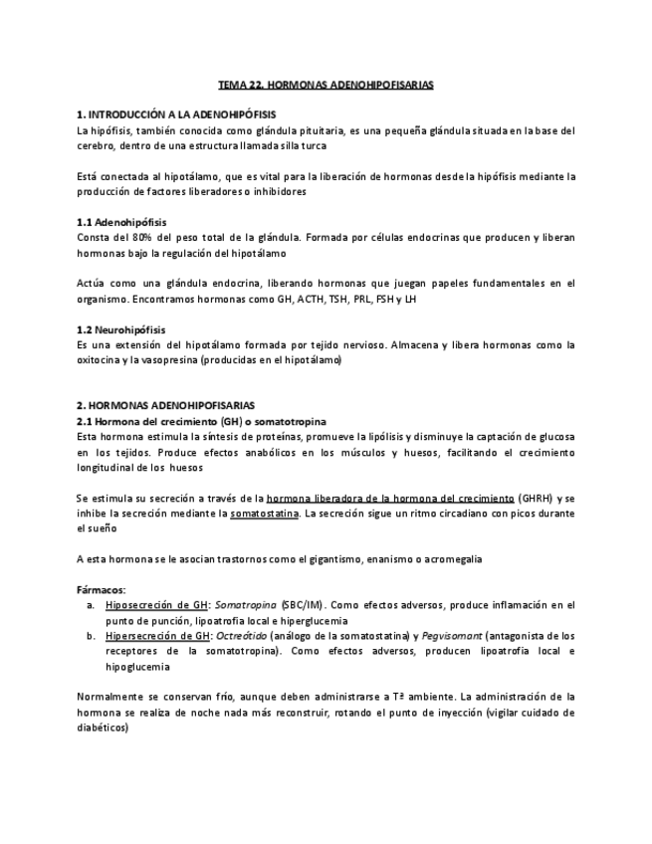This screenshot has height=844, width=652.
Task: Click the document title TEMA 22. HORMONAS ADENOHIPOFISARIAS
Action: click(326, 87)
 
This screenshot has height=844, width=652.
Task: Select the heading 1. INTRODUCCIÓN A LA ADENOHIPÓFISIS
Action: click(176, 115)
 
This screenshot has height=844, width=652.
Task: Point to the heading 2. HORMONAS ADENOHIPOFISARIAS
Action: click(165, 406)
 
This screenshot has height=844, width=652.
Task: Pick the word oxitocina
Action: click(101, 360)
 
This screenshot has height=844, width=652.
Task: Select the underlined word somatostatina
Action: click(265, 513)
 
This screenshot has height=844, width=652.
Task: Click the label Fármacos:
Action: click(102, 590)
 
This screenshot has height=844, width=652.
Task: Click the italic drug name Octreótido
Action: click(242, 636)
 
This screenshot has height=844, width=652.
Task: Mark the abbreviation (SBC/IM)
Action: click(301, 605)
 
